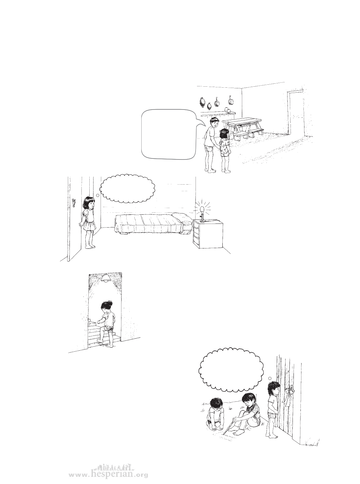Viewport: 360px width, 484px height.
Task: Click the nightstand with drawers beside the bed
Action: (208, 234)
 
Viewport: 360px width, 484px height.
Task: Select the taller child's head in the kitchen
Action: (214, 123)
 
